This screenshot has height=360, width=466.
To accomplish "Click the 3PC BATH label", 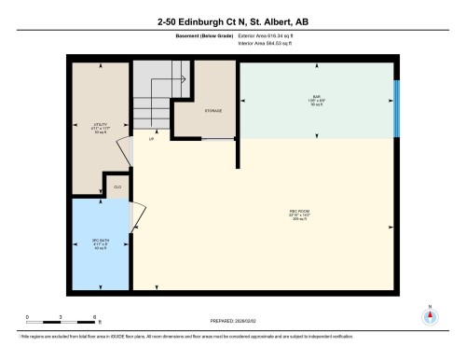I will (97, 244).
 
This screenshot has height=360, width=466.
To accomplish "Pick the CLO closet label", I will (117, 187).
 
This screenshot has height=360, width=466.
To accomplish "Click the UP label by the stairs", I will (151, 139).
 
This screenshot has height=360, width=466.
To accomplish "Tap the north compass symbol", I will (430, 315).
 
